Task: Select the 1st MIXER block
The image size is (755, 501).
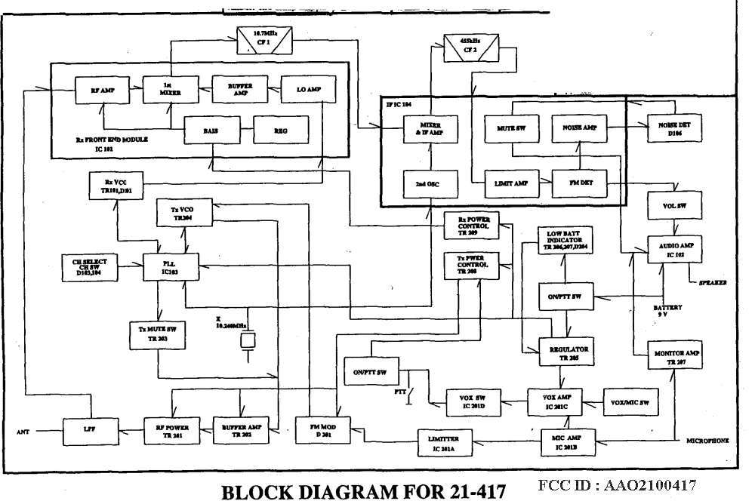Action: pos(168,90)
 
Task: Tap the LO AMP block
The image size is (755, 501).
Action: pos(305,90)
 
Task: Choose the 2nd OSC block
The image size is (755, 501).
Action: pos(428,184)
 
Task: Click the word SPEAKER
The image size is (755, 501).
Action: pos(712,283)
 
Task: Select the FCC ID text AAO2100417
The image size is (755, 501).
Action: pos(617,485)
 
